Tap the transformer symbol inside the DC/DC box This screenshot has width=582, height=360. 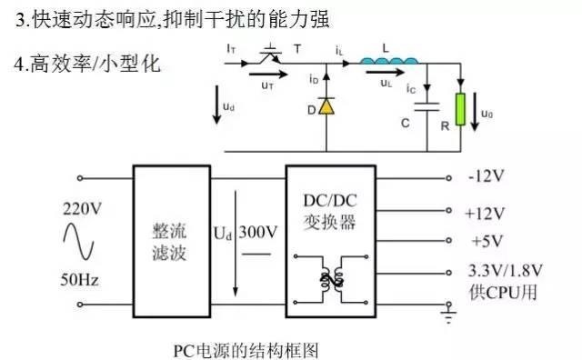coord(329,279)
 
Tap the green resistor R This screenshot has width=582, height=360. coord(462,109)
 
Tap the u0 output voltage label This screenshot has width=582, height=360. coord(487,115)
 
